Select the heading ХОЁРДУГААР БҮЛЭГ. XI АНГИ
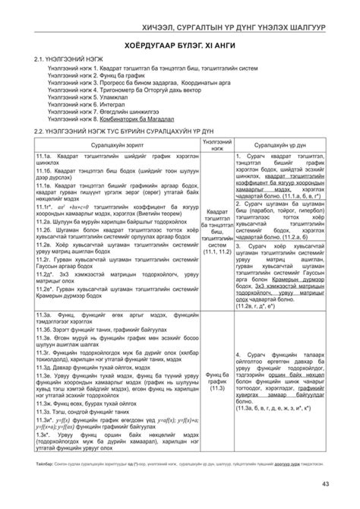tap(179, 46)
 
